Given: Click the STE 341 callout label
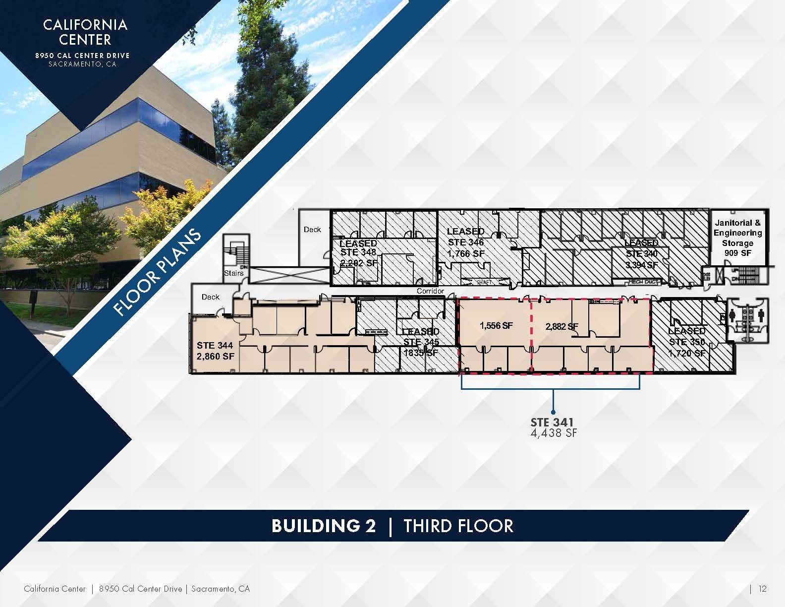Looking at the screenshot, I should coord(552,422).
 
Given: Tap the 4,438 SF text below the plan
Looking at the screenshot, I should coord(554,433).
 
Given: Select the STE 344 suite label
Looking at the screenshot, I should coord(215,346).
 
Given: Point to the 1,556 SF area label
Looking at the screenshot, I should coord(496,325).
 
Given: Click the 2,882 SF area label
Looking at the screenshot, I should coord(561,326).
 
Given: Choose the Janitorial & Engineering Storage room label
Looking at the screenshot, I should coord(737,238).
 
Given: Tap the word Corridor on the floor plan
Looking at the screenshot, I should coord(430,291).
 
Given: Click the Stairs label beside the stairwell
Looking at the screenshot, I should coord(234,273).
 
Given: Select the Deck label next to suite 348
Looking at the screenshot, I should coord(312,230).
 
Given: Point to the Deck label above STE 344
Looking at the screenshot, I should coord(210,297).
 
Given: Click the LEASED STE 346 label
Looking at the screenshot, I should coord(466,237).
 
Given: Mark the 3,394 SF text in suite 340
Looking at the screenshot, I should coord(641,265).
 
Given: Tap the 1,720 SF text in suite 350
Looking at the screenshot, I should coord(686,353).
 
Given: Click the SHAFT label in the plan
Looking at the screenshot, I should coord(484,282).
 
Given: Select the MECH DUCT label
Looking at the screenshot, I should coord(642,282).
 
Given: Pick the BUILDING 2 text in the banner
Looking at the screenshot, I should coord(324,526).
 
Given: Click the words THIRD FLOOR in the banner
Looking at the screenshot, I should coord(458,526).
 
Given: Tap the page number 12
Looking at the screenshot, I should coord(762,589).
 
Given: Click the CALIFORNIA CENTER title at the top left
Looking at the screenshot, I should coord(85,32).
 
